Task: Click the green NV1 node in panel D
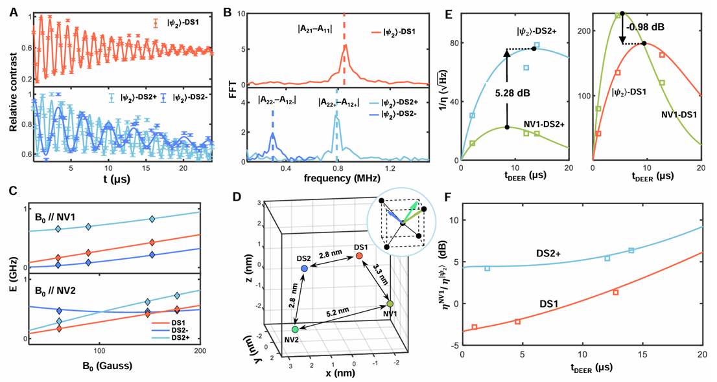coord(390,303)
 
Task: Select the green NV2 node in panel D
coord(295,330)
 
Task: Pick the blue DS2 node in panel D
coord(304,267)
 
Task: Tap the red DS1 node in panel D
coord(358,257)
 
